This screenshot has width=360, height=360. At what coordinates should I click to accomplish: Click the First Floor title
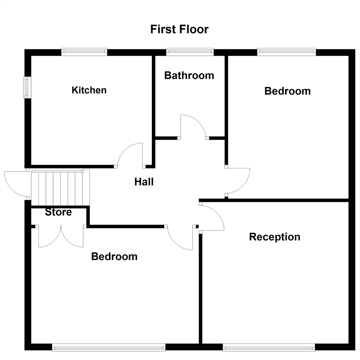pos(179,29)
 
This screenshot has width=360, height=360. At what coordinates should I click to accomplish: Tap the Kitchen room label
pos(89,90)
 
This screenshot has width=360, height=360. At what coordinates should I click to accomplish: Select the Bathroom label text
pos(189,75)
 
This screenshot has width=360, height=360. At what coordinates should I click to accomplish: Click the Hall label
pos(144,182)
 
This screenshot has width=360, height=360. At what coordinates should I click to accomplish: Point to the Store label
pos(58,212)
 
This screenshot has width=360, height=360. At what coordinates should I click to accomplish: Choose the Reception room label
pos(275,237)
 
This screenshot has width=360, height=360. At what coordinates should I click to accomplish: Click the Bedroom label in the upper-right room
pos(287,91)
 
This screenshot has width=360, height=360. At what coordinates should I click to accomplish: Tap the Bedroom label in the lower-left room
pos(114,256)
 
